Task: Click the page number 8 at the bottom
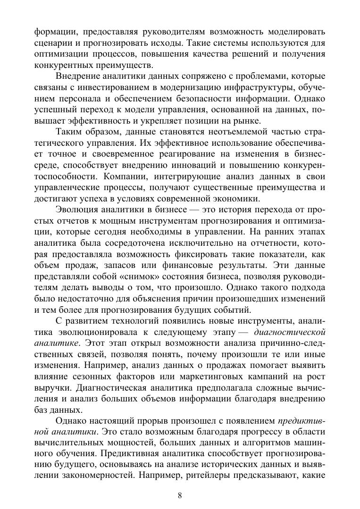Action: (180, 495)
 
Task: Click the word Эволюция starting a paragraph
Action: (75, 209)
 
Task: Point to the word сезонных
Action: (91, 377)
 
